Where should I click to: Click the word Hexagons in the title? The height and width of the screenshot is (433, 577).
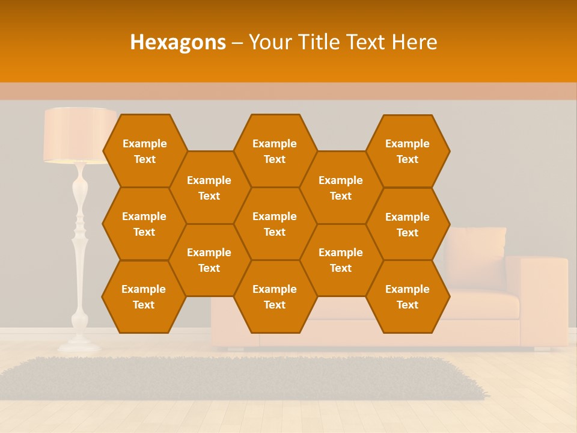[x=178, y=43]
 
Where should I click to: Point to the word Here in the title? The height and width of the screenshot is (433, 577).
[x=414, y=43]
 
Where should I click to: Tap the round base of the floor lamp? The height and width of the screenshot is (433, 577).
[x=79, y=345]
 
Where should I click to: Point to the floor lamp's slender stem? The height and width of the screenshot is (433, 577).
[x=79, y=241]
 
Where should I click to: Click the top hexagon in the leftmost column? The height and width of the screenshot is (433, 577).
[x=144, y=151]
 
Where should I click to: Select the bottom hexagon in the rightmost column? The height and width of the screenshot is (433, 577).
[x=408, y=296]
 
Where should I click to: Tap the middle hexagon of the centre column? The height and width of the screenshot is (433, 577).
[x=275, y=224]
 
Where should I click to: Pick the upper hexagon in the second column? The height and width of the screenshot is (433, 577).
[x=209, y=188]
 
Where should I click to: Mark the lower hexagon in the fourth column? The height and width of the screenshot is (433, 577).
[x=341, y=260]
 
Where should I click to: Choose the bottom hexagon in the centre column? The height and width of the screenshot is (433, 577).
[x=275, y=296]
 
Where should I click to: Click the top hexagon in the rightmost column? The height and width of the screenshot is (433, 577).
[x=408, y=151]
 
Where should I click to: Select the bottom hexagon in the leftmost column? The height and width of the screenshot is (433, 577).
[x=144, y=296]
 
